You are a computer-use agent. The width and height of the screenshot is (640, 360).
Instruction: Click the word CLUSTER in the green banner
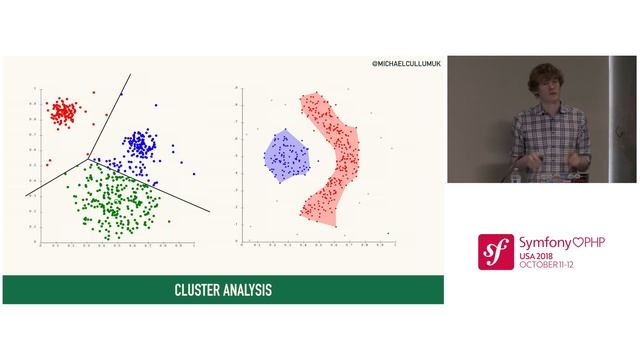pos(198,291)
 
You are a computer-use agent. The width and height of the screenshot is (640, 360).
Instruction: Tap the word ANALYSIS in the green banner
pos(247,291)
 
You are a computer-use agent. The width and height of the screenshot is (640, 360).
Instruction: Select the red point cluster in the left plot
pos(63,110)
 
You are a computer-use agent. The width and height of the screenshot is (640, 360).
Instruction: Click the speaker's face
pos(544,89)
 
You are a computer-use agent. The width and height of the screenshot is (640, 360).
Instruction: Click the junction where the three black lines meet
pos(88,157)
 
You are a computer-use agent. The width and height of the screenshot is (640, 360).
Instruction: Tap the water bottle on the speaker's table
pos(515,175)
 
